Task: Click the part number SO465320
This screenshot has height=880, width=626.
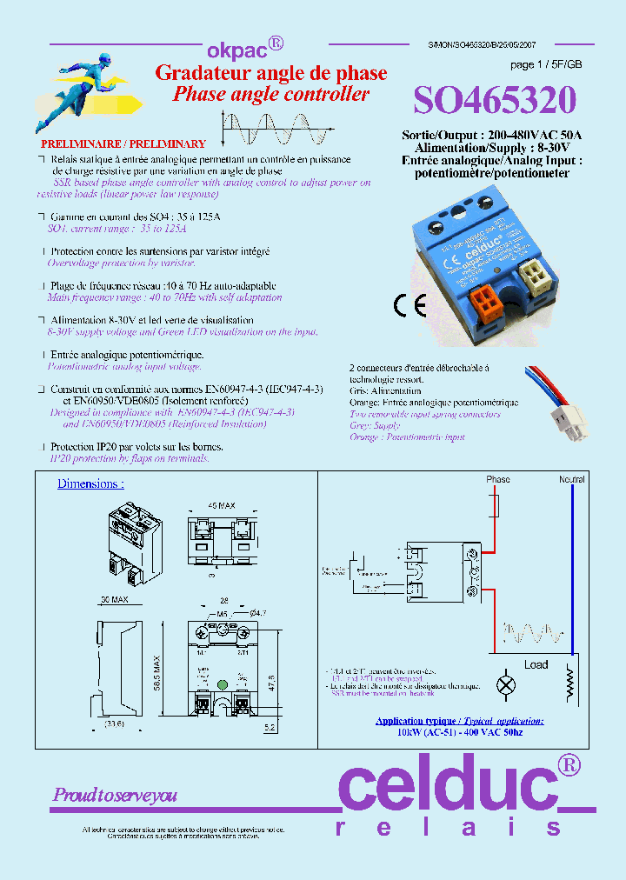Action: (x=494, y=102)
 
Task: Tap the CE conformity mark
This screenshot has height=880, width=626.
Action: (x=408, y=305)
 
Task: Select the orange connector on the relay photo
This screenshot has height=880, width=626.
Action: (x=485, y=303)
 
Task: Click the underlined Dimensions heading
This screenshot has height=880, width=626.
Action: (x=90, y=484)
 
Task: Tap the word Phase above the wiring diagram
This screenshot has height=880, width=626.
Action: (x=498, y=480)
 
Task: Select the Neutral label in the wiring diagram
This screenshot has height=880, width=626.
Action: (x=571, y=480)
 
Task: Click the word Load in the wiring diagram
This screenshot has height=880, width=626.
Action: (x=536, y=665)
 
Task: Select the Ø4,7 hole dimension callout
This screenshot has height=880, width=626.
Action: (x=258, y=614)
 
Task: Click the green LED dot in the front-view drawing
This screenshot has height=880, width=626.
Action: (x=222, y=683)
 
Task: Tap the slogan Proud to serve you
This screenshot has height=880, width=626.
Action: (x=115, y=795)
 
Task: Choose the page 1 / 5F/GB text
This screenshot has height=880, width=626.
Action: (x=546, y=65)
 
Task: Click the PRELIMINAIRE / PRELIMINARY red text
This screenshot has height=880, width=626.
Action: (x=123, y=143)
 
